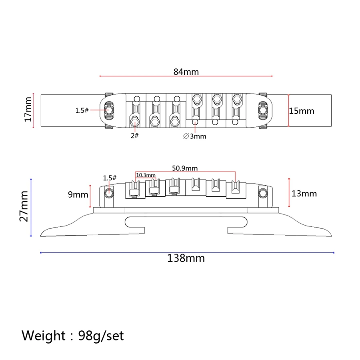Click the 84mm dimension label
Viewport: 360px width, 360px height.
pyautogui.click(x=186, y=72)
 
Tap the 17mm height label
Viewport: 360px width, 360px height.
pyautogui.click(x=28, y=110)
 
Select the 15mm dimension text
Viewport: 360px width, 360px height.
pyautogui.click(x=302, y=111)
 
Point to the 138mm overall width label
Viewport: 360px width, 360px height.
pyautogui.click(x=186, y=258)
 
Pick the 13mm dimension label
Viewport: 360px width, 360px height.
pyautogui.click(x=304, y=194)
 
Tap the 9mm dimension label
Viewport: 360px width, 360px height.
pyautogui.click(x=78, y=195)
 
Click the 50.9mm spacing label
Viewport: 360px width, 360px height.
pyautogui.click(x=185, y=168)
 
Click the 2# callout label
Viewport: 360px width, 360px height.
pyautogui.click(x=134, y=136)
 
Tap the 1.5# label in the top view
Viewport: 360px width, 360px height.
pyautogui.click(x=82, y=110)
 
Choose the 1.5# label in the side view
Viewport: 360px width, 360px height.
pyautogui.click(x=110, y=178)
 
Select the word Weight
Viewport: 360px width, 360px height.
pyautogui.click(x=43, y=335)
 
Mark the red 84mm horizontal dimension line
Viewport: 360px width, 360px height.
pyautogui.click(x=186, y=76)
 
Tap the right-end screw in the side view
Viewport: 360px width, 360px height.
pyautogui.click(x=262, y=193)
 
